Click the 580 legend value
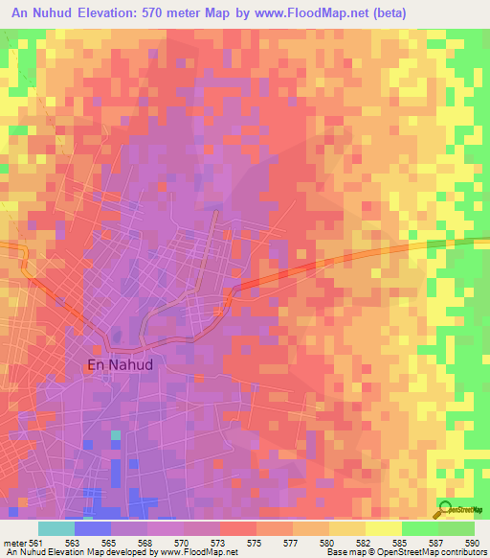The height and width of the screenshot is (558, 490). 328,542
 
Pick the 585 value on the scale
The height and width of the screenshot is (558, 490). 401,542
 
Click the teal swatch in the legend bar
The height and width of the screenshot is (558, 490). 56,528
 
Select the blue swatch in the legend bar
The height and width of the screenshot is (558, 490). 93,528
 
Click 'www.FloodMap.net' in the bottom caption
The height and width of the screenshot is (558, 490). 200,552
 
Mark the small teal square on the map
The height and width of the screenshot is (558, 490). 116,435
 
